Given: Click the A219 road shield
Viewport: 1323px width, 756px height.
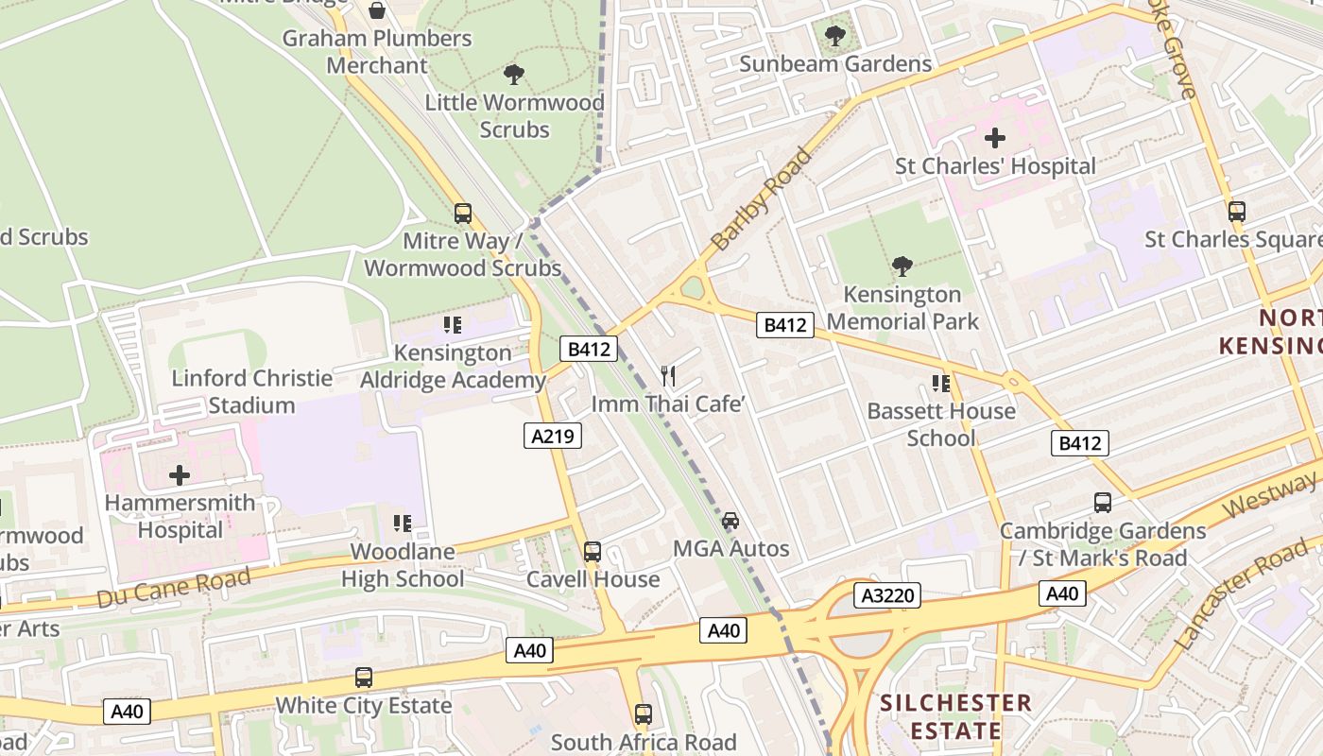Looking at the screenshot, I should click(x=553, y=436).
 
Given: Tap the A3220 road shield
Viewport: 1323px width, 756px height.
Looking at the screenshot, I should click(x=886, y=595).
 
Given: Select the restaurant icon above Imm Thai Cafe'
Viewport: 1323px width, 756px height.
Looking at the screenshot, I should click(x=669, y=375).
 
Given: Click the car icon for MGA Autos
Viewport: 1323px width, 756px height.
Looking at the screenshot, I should click(x=730, y=520).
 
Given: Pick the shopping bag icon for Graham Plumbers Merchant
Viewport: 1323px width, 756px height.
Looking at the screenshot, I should click(x=377, y=10).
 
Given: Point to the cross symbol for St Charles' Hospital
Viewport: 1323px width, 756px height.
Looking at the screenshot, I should click(x=995, y=138).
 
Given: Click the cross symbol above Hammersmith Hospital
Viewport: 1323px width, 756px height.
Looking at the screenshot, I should click(x=180, y=474).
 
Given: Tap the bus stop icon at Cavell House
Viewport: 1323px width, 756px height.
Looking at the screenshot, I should click(x=593, y=551).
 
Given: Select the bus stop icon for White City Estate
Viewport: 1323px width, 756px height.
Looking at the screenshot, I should click(x=364, y=677).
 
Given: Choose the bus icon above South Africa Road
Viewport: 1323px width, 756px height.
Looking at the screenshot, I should click(x=644, y=713).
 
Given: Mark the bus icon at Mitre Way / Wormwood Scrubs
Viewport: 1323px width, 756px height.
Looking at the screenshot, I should click(x=463, y=213).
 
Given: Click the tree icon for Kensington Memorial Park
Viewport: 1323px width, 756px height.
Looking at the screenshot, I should click(x=902, y=266).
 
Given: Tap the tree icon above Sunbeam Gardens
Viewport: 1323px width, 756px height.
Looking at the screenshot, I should click(x=835, y=36).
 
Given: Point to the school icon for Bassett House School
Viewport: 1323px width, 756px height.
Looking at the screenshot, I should click(x=941, y=383).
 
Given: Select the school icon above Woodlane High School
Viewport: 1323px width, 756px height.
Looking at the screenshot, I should click(x=403, y=523).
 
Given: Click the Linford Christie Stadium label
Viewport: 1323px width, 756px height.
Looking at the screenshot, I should click(x=251, y=391).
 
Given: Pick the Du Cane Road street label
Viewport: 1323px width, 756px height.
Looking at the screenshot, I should click(x=174, y=587).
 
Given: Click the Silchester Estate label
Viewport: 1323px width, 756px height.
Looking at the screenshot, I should click(x=955, y=716).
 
